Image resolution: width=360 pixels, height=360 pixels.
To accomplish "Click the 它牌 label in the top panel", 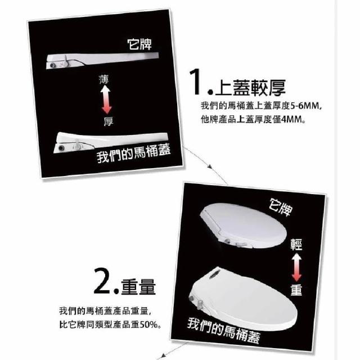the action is click(x=139, y=44).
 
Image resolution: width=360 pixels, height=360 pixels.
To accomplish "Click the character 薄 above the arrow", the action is click(x=103, y=79).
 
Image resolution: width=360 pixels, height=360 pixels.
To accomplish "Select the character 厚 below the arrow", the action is click(x=109, y=121).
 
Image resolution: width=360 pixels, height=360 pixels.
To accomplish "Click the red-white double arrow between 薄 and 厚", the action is click(x=106, y=100).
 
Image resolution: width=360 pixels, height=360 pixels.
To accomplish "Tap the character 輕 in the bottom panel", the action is click(x=296, y=245).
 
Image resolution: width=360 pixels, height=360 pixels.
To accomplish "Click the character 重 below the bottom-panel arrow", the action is click(x=296, y=290).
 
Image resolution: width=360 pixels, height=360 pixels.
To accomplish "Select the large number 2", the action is click(x=102, y=281).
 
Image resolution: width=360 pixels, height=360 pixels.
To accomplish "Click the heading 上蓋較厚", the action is click(x=250, y=88).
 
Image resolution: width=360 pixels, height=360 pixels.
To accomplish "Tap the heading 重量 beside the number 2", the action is click(x=138, y=287).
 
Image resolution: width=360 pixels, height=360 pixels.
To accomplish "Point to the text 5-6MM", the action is click(x=305, y=106).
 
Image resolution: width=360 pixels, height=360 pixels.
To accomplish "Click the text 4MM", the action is click(x=292, y=120).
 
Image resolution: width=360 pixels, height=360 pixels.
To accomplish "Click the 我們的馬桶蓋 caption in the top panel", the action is click(x=134, y=153).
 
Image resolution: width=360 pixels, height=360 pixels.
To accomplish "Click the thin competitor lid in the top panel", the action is click(x=102, y=60).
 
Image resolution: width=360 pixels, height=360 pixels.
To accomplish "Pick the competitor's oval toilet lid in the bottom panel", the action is click(x=244, y=226).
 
